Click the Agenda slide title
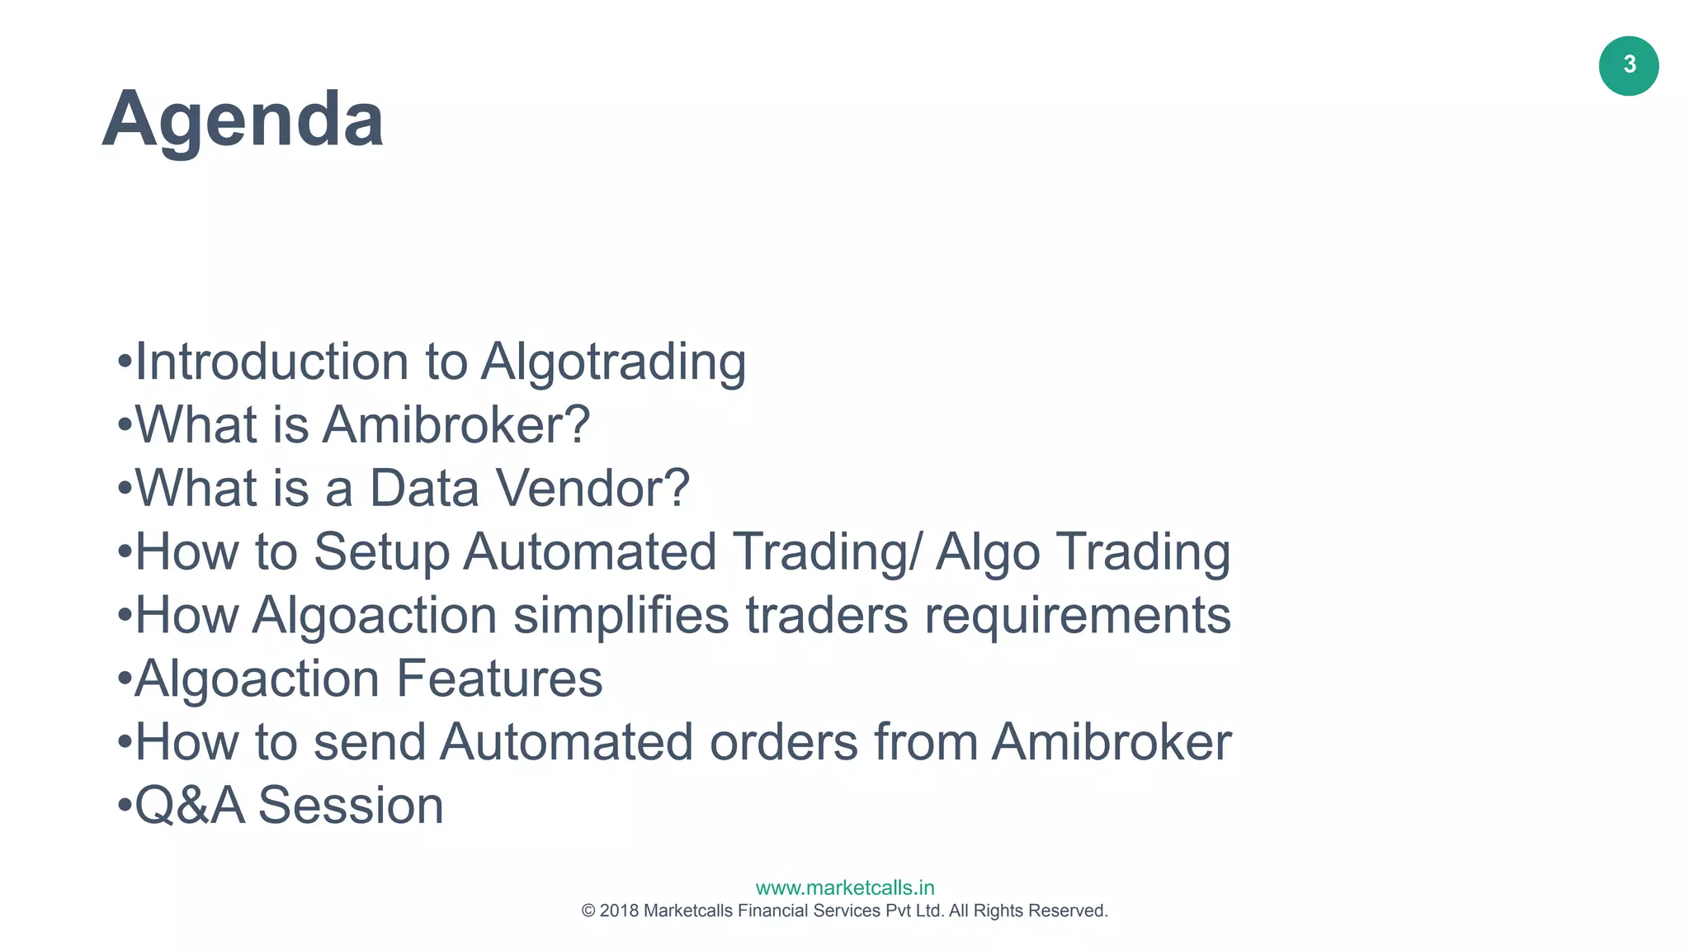(x=243, y=120)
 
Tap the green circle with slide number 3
(x=1628, y=66)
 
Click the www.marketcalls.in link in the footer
(x=845, y=887)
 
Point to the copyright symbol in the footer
(x=588, y=911)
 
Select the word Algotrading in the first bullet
(x=613, y=362)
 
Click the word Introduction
(x=271, y=362)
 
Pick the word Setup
(x=381, y=551)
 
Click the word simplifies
(x=621, y=616)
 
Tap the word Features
(x=499, y=679)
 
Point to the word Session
(x=351, y=806)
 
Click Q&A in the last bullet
(x=190, y=806)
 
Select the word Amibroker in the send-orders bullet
(x=1112, y=742)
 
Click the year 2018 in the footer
(x=619, y=911)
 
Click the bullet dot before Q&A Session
(x=125, y=804)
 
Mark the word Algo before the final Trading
(x=988, y=551)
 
